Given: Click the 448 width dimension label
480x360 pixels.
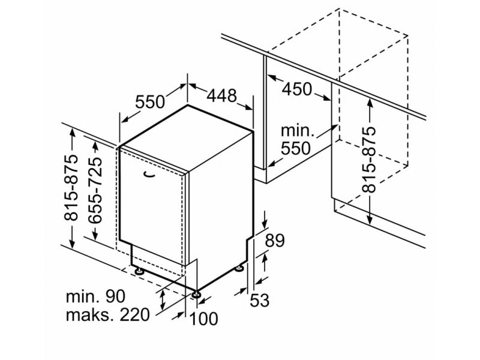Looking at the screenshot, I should [222, 95].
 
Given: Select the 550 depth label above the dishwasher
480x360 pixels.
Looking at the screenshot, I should [149, 101].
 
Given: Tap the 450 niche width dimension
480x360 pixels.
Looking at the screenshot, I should [297, 89].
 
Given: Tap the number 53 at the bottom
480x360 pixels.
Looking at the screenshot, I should [259, 299].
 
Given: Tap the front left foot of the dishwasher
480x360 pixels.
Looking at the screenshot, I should [140, 270].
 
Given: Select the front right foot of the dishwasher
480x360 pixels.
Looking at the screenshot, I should [196, 294].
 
